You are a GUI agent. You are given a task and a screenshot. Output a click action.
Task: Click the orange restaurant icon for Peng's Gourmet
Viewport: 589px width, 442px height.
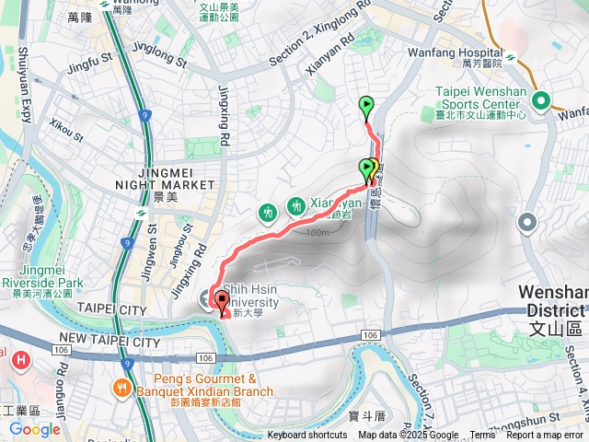(121, 388)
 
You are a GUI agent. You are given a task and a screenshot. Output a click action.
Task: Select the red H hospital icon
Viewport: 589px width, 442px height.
(18, 359)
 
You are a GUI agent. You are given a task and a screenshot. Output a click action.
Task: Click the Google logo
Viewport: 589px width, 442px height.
(34, 429)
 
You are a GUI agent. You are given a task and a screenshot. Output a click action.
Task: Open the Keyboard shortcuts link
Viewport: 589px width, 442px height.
(307, 436)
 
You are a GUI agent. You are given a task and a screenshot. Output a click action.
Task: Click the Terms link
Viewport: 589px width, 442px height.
(482, 436)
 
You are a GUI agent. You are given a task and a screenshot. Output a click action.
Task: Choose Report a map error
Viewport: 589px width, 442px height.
(546, 436)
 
